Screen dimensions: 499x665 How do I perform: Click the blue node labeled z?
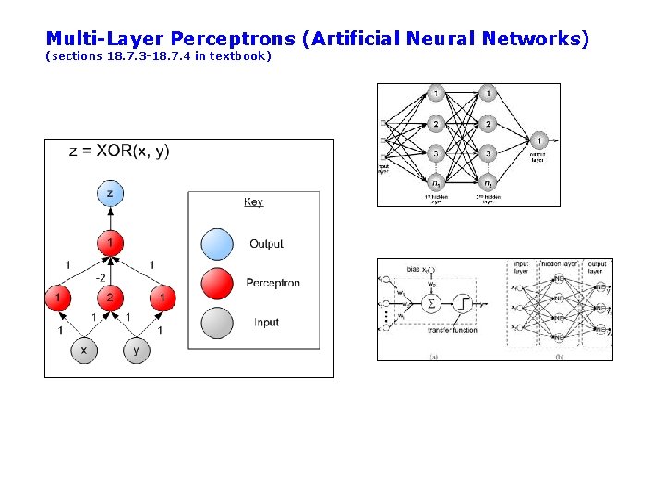110,193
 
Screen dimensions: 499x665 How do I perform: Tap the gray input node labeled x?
84,350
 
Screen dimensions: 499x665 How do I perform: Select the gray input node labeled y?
136,350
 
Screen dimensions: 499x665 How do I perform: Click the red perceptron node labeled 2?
110,298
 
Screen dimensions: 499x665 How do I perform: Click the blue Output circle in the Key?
216,244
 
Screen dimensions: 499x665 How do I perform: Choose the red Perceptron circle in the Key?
216,283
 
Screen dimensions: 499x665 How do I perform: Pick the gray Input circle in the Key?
216,323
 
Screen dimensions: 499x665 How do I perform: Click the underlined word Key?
253,201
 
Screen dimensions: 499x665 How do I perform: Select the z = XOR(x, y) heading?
119,152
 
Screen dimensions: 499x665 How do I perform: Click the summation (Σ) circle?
429,302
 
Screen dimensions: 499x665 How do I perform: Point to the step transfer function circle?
462,302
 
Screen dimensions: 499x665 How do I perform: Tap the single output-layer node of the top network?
539,140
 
